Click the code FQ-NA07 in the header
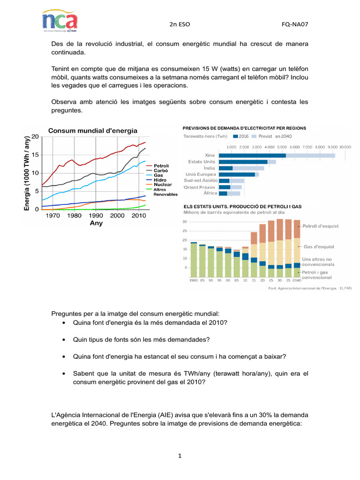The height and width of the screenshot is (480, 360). pos(295,24)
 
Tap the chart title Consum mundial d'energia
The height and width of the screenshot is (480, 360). pos(93,130)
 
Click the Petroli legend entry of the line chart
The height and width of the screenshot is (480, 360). pos(161,166)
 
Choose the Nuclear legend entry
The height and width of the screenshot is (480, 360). pos(163,185)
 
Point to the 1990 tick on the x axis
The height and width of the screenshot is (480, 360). pos(96,216)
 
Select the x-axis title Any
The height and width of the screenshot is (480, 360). pos(96,224)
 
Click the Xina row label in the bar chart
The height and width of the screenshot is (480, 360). pos(210,155)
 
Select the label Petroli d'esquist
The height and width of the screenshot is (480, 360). pos(320,226)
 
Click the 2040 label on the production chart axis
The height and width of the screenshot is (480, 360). pos(297,280)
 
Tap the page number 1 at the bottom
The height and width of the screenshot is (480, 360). pos(180,456)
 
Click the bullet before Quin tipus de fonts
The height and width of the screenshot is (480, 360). pos(63,339)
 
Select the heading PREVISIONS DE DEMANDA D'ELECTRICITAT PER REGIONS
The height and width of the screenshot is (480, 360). pos(244,127)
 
